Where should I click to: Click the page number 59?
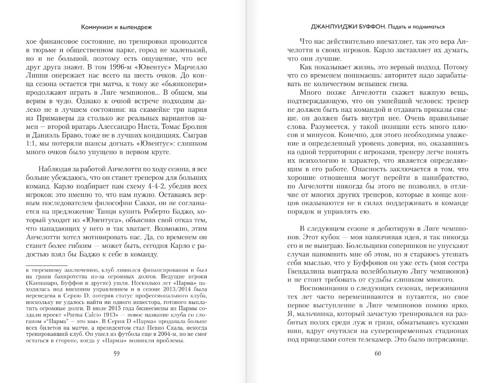[117, 353]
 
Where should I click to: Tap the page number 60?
[378, 353]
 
